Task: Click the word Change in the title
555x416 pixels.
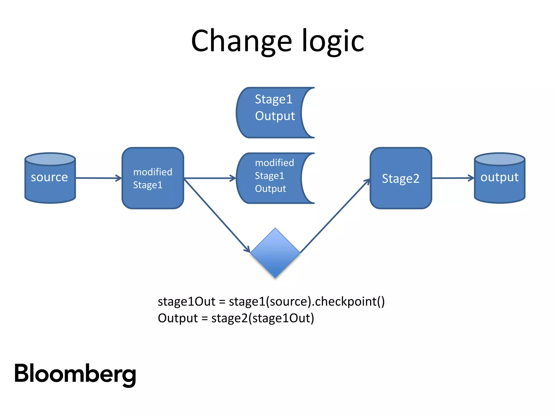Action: (241, 41)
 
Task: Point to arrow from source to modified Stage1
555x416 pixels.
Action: (99, 178)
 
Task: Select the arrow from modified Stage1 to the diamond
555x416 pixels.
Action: (217, 215)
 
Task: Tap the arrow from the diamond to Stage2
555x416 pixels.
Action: (335, 216)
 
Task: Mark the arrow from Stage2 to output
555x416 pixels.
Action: (453, 178)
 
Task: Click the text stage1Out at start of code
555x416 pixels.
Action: (186, 301)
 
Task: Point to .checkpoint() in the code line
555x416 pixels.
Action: (348, 301)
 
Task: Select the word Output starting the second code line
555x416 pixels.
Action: (178, 318)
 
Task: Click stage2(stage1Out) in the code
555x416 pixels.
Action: (263, 318)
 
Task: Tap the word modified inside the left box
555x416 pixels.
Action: (153, 172)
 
